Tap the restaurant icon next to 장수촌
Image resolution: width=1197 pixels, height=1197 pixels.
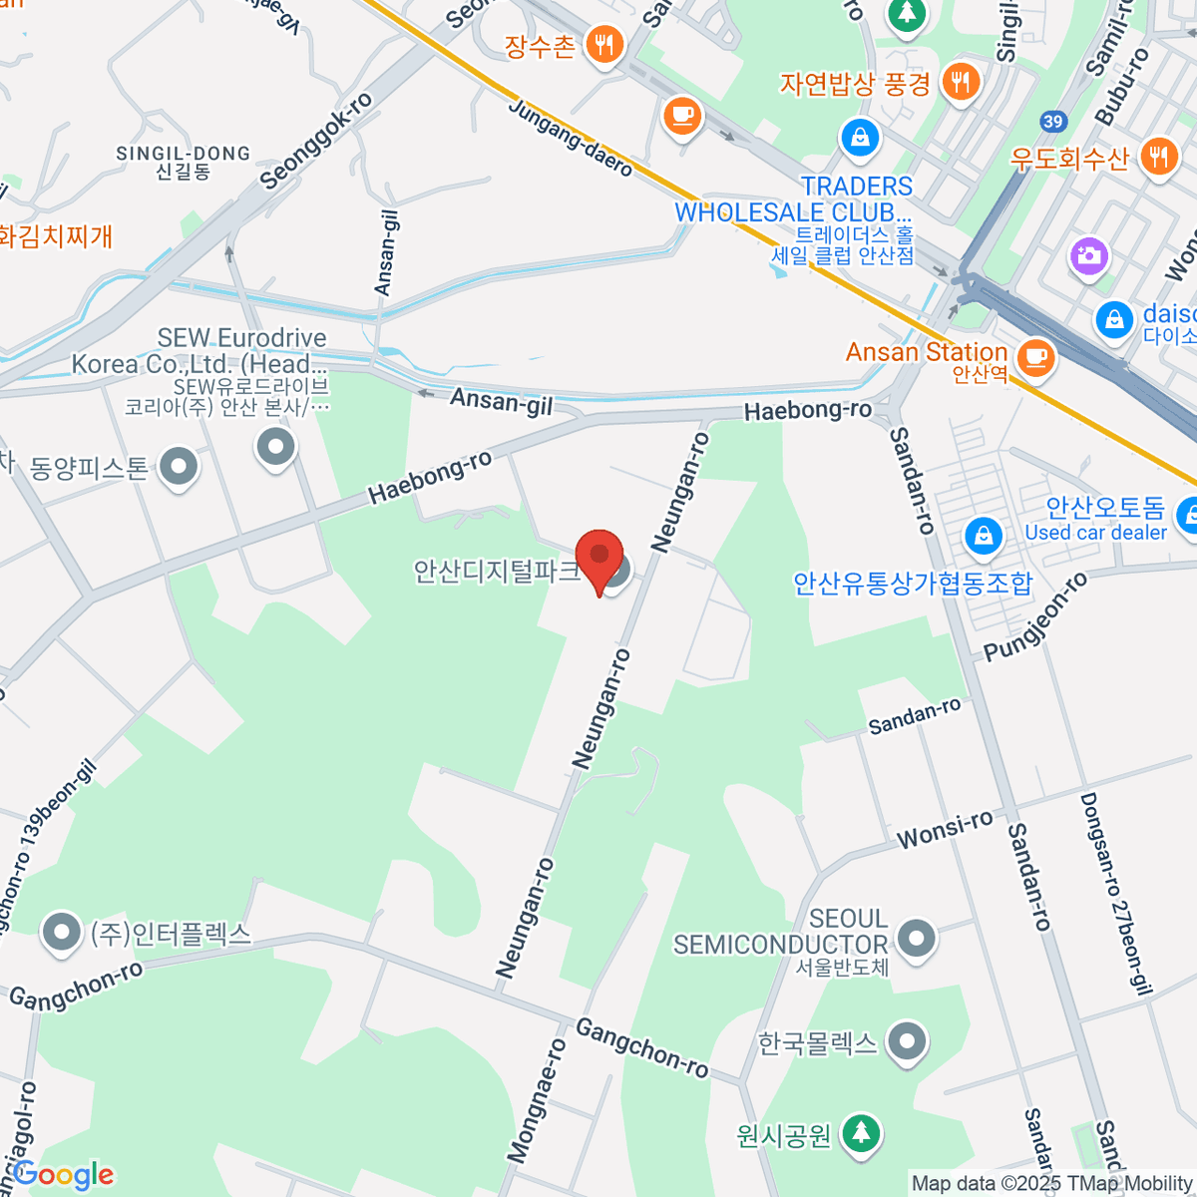(x=603, y=45)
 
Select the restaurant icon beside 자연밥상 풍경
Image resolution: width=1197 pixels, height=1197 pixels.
(x=961, y=82)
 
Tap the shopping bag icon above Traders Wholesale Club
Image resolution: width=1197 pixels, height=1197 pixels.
(x=859, y=136)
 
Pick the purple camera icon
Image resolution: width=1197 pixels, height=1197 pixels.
(x=1088, y=255)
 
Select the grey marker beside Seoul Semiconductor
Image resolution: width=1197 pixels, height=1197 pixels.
(x=916, y=938)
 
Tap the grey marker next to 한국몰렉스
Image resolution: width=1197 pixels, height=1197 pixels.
(x=907, y=1042)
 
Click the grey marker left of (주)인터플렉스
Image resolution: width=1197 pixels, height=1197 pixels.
(x=61, y=933)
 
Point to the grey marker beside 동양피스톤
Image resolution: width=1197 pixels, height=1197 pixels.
(x=179, y=465)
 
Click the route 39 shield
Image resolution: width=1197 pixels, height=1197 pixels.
(x=1052, y=122)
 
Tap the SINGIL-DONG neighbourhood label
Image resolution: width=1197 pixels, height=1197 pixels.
(x=184, y=162)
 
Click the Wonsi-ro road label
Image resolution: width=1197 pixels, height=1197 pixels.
(x=945, y=829)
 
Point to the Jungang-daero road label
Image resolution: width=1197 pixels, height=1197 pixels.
(x=571, y=139)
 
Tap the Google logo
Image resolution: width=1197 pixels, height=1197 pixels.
(x=63, y=1175)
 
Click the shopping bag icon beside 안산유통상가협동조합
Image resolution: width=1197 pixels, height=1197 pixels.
(x=984, y=536)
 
